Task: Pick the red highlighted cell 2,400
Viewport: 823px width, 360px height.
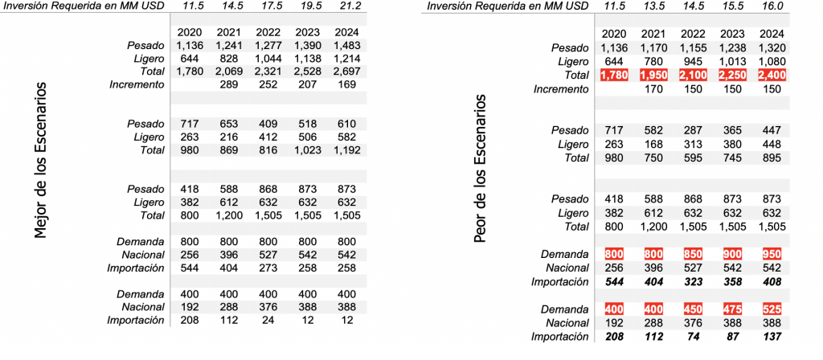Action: click(x=770, y=75)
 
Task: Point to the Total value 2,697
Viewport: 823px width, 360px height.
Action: click(x=349, y=72)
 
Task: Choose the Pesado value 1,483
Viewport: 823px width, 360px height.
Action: click(x=349, y=45)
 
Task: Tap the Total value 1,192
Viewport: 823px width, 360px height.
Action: click(x=349, y=149)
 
